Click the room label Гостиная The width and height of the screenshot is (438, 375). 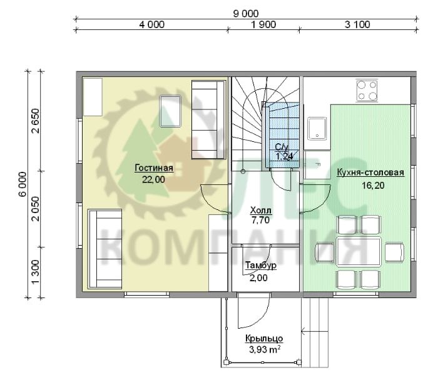(x=154, y=168)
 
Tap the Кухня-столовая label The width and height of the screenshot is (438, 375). (x=370, y=172)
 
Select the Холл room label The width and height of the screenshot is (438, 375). (x=261, y=210)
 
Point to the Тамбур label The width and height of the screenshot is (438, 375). (x=261, y=265)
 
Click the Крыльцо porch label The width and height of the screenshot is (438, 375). (x=264, y=339)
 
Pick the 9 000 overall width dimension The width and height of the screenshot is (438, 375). (x=246, y=14)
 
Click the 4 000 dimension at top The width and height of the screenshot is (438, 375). (x=151, y=24)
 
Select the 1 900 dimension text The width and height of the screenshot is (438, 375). (x=263, y=24)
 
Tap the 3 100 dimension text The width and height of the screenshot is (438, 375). (x=357, y=24)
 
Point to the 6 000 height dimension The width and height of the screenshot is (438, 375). (x=23, y=184)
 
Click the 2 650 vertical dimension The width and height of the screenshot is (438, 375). (x=36, y=121)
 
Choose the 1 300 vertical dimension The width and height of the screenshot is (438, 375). (x=36, y=272)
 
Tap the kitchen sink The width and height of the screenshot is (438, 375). (x=317, y=129)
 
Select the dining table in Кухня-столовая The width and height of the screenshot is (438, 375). (x=359, y=252)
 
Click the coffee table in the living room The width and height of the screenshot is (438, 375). (x=170, y=111)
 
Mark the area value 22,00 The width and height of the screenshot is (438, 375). (x=154, y=179)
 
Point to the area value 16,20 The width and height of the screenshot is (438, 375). (x=373, y=185)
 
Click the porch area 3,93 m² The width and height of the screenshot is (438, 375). (x=265, y=349)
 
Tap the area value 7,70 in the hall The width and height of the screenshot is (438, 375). (x=261, y=220)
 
